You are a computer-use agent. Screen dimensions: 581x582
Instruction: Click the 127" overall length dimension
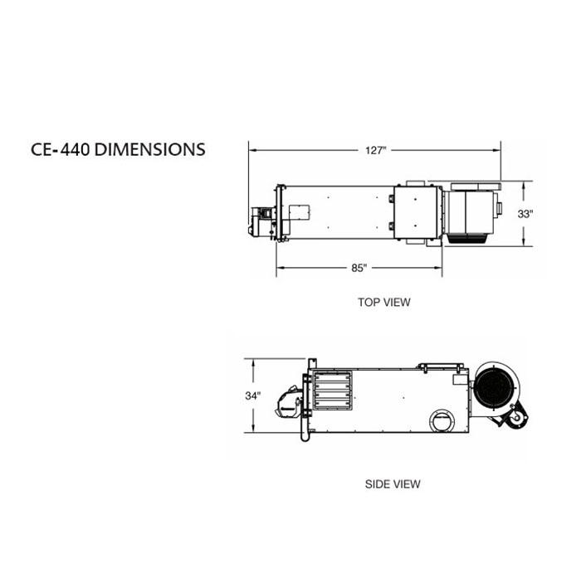[375, 150]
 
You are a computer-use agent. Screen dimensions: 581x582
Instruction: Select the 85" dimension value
[359, 268]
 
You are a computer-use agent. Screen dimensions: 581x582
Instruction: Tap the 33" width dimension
[525, 214]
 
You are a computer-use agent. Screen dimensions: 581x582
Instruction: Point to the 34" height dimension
[252, 395]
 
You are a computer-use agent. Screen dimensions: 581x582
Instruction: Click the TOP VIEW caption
[384, 302]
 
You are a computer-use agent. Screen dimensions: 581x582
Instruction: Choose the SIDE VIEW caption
[393, 484]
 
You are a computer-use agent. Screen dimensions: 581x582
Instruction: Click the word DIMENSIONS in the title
[149, 149]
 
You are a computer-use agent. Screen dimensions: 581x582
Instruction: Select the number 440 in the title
[75, 149]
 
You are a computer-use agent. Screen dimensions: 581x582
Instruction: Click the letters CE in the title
[41, 149]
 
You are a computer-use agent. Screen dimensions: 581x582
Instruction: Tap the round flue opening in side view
[442, 421]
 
